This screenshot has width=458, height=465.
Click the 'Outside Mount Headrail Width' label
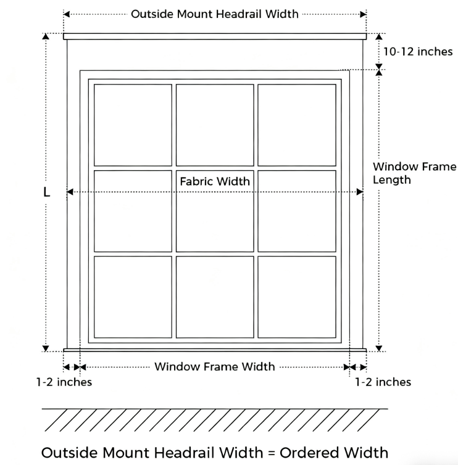point(214,14)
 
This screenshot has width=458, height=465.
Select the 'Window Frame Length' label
point(414,173)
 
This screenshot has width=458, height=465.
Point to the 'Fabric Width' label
point(215,181)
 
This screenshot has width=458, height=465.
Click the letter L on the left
point(46,192)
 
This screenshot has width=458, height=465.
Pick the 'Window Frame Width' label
point(214,367)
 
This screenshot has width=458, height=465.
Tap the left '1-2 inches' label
point(64,382)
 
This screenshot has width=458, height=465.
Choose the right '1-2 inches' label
point(383,382)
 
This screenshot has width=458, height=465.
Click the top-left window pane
point(133,125)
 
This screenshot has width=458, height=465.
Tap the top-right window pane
point(297,125)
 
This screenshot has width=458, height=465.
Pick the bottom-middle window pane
point(215,296)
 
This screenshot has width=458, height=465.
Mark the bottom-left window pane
point(133,296)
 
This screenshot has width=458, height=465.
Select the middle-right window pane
point(297,210)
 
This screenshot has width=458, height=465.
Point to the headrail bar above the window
point(214,36)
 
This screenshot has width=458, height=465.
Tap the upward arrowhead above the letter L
point(46,38)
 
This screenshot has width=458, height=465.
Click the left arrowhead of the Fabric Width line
point(70,192)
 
